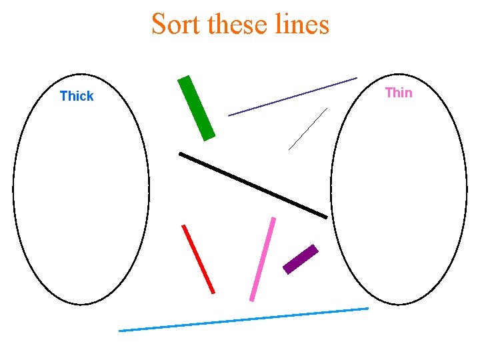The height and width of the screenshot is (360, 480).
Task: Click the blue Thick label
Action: pos(77,96)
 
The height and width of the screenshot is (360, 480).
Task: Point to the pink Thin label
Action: pos(399,93)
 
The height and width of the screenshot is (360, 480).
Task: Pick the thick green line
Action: pos(197,108)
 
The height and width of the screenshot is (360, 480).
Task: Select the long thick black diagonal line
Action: pos(253,185)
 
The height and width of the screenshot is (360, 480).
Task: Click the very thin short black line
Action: pos(308,129)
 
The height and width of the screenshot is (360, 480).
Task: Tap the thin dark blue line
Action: pos(293,97)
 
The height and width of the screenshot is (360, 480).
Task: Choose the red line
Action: pos(199,259)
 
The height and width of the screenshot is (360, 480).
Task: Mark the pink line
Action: pos(263,259)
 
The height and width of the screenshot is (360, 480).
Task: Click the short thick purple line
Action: pos(301,259)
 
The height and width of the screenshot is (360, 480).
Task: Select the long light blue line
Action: pos(243,319)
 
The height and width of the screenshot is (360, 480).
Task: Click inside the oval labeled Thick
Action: pos(81,200)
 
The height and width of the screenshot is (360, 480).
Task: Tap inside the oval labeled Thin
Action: pos(399,200)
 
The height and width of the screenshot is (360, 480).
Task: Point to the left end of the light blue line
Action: pos(120,331)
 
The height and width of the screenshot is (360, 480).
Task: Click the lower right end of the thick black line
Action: pos(326,217)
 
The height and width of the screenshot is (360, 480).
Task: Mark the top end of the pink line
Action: pos(273,219)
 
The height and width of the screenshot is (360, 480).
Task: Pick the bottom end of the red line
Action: pos(213,292)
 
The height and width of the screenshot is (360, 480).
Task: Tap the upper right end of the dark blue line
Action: pos(356,79)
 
